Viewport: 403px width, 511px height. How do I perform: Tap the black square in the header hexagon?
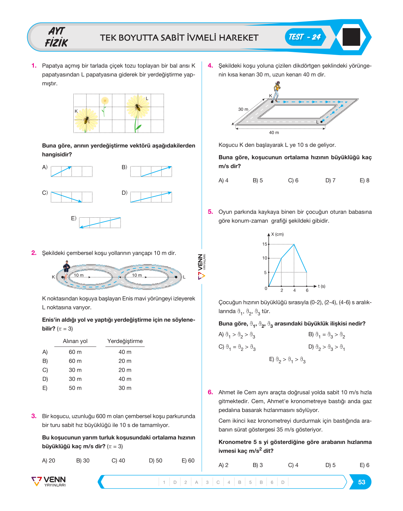[x=351, y=37]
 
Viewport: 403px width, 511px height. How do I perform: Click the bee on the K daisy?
[x=86, y=120]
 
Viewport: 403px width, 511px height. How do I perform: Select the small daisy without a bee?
[x=105, y=106]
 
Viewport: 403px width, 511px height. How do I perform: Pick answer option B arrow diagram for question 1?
[x=151, y=171]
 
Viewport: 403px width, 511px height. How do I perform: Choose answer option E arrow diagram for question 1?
[x=100, y=223]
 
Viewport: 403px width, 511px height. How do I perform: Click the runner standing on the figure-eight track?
[x=66, y=271]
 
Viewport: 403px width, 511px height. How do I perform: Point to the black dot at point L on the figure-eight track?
[x=176, y=277]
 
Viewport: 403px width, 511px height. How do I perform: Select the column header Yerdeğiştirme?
[x=125, y=341]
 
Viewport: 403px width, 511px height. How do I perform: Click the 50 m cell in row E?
[x=75, y=388]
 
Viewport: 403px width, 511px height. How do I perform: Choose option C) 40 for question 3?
[x=118, y=461]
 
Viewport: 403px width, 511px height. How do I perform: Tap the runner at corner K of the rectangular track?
[x=276, y=92]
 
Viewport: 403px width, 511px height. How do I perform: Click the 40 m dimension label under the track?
[x=274, y=133]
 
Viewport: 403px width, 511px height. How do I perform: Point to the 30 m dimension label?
[x=243, y=109]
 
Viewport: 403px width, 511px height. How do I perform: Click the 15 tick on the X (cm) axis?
[x=265, y=244]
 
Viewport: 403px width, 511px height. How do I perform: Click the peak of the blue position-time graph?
[x=294, y=244]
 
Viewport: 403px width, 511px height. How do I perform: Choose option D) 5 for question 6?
[x=330, y=465]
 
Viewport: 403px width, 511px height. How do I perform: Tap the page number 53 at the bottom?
[x=362, y=482]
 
